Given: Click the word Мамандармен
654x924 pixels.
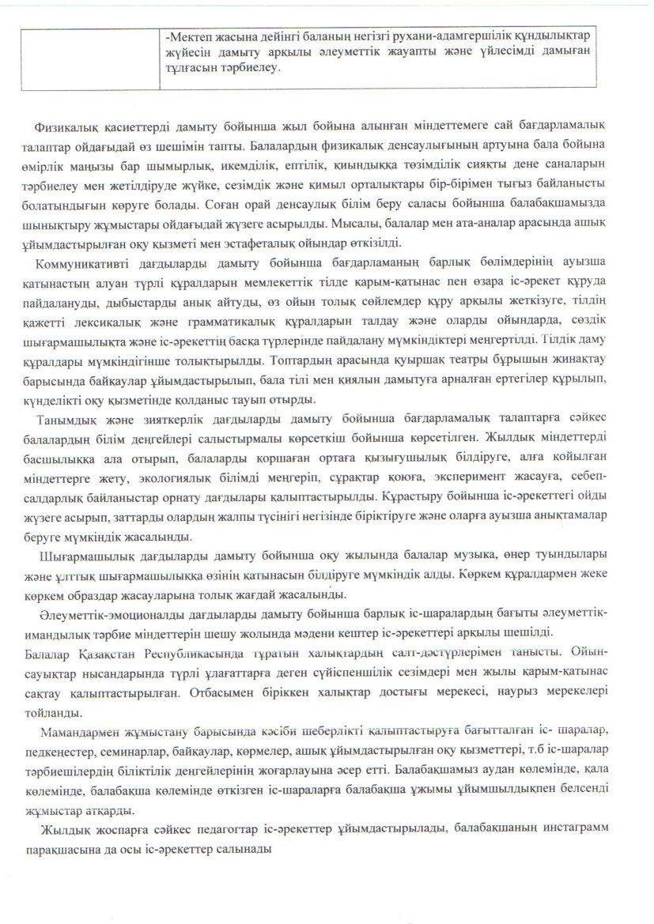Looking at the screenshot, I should click(82, 725).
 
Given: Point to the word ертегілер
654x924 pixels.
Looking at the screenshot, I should click(469, 379).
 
